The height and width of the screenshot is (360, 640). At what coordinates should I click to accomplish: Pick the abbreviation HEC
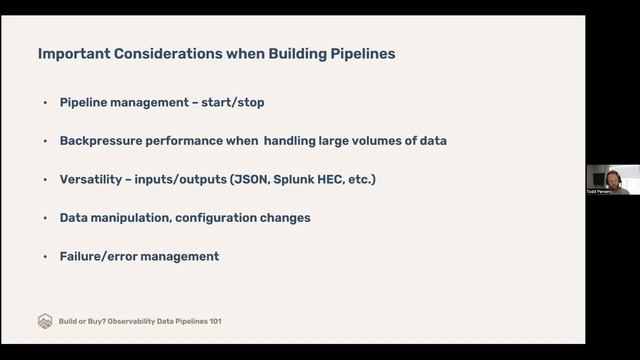click(338, 179)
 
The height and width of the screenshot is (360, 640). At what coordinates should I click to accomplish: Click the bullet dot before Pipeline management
click(45, 103)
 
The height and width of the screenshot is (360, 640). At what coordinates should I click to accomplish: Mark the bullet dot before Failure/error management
click(45, 257)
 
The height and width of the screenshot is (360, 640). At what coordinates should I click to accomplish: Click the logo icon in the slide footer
click(45, 321)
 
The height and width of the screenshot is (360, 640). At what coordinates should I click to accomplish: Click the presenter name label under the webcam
click(600, 190)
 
